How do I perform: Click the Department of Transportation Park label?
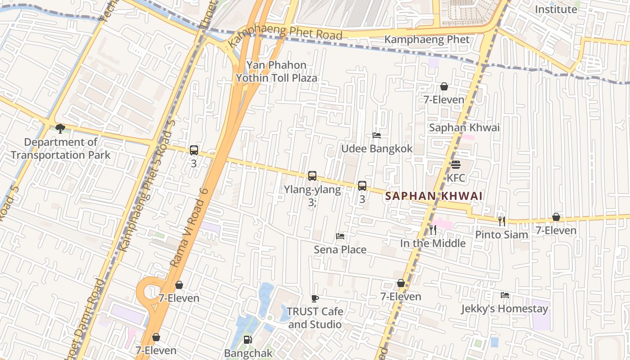point(60,148)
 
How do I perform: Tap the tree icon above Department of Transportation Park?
point(60,129)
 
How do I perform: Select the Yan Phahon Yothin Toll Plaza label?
point(276,72)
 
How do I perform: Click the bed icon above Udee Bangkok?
point(377,135)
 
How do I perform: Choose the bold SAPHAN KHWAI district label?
point(434,196)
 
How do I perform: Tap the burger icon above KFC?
point(455,165)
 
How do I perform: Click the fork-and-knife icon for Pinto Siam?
point(502,221)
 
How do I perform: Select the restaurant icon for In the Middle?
point(432,229)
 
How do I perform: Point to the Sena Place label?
point(340,249)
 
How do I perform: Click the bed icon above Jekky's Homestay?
point(505,295)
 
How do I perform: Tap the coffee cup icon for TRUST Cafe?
point(315,298)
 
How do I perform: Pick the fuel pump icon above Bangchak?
point(247,340)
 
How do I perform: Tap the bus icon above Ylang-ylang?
point(312,176)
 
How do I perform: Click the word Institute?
point(556,9)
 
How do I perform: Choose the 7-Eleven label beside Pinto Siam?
point(556,230)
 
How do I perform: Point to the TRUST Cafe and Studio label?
point(315,318)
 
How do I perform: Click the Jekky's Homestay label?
point(504,309)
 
